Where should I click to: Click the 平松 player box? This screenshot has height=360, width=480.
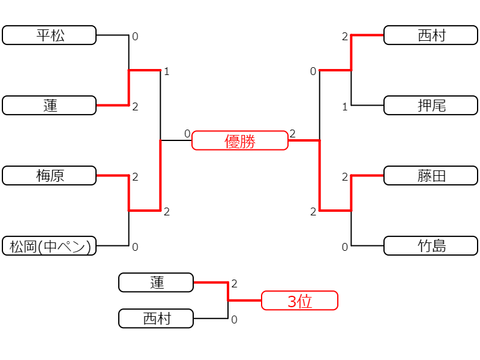[49, 35]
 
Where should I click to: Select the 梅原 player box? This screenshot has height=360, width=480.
[49, 176]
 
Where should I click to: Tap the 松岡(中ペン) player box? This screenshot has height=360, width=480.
[49, 246]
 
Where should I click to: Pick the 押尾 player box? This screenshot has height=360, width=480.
[431, 106]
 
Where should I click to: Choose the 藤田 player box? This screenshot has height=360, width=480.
[431, 176]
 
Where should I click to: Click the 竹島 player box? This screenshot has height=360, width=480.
[431, 246]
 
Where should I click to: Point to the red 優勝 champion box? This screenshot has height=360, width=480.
[240, 140]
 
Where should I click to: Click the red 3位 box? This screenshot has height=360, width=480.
[299, 301]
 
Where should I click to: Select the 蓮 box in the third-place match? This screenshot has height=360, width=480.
[156, 283]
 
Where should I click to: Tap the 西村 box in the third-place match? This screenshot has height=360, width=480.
[156, 319]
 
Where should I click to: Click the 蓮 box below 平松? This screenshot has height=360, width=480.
[49, 106]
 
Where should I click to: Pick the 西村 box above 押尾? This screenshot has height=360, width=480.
[431, 35]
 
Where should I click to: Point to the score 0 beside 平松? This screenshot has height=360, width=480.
[135, 37]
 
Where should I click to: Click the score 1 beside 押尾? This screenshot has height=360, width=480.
[345, 107]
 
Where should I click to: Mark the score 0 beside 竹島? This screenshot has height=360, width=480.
[345, 247]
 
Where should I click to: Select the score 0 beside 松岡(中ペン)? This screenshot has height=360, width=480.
[135, 247]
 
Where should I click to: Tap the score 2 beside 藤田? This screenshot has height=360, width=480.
[345, 177]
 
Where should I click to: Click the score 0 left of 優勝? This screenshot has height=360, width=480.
[187, 134]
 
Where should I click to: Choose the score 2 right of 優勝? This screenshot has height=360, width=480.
[293, 134]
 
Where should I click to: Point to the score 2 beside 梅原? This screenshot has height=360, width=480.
[135, 177]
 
